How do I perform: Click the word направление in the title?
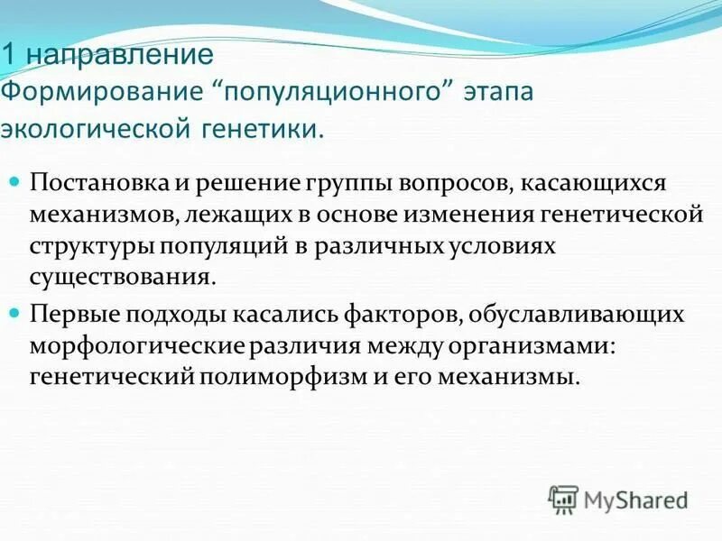coord(117,55)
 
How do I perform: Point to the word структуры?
coord(89,245)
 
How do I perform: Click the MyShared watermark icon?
coord(563,498)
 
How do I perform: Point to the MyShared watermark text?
coord(636,499)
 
